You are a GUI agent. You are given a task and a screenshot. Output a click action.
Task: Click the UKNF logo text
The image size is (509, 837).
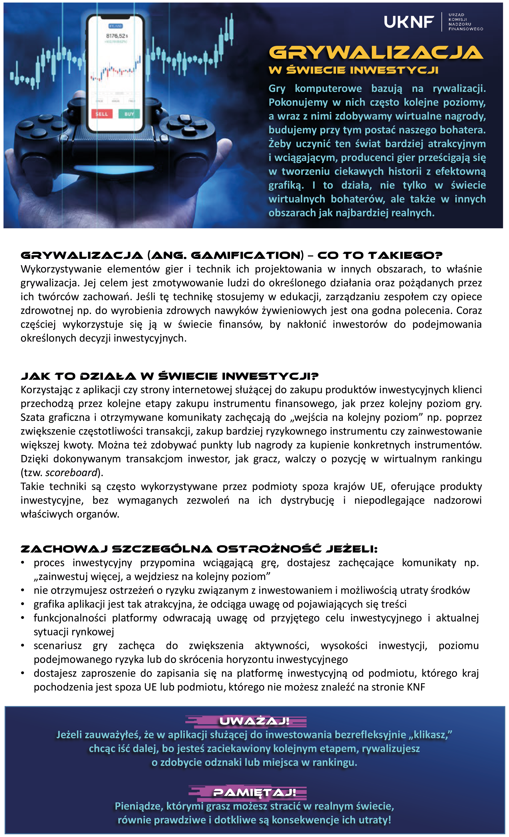(x=409, y=22)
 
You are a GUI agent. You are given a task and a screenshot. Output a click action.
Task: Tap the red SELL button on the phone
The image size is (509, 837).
(x=102, y=114)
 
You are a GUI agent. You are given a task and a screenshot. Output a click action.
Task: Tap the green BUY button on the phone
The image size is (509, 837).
(x=129, y=114)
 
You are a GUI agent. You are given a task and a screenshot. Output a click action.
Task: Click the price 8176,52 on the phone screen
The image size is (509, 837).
(x=117, y=36)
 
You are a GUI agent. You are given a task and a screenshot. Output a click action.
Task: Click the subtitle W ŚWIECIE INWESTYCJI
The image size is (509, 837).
(x=353, y=70)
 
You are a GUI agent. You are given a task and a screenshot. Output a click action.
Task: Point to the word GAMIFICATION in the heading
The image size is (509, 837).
(x=247, y=255)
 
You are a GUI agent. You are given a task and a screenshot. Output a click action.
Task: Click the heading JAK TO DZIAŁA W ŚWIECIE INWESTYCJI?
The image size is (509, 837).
(x=170, y=376)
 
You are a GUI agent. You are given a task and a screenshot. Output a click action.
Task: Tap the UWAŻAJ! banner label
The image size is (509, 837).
(x=254, y=721)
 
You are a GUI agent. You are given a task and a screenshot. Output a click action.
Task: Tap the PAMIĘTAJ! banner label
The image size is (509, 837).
(x=254, y=793)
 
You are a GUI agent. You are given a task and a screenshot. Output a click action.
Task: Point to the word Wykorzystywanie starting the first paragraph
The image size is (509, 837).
(x=61, y=269)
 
